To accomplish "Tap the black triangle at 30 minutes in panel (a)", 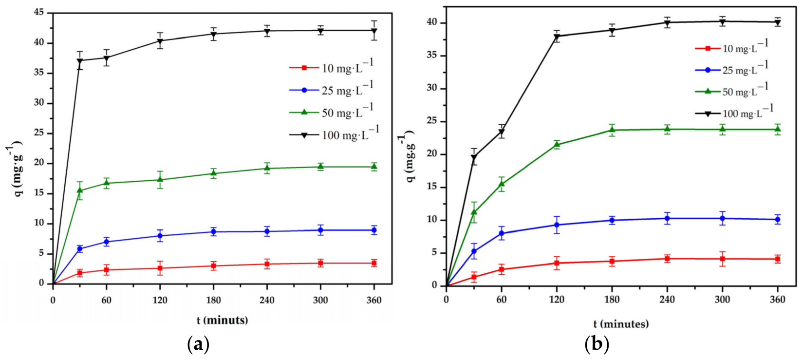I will pos(80,61).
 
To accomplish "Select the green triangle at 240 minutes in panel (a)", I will pos(267,168).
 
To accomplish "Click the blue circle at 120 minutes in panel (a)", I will pos(160,236).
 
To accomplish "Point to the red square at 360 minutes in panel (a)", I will pos(374,263).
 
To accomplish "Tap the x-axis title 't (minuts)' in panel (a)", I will pos(223,320).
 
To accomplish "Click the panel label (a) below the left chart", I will pos(198,345).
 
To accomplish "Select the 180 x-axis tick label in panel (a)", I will pos(213,300).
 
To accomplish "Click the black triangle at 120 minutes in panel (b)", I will pos(557,37).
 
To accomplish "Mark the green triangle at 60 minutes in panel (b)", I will pos(502,184).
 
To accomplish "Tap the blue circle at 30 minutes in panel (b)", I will pos(474,251).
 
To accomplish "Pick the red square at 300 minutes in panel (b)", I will pos(723,259).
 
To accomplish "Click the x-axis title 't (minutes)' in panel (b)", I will pos(621,324).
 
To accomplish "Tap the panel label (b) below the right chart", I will pos(597,345).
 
